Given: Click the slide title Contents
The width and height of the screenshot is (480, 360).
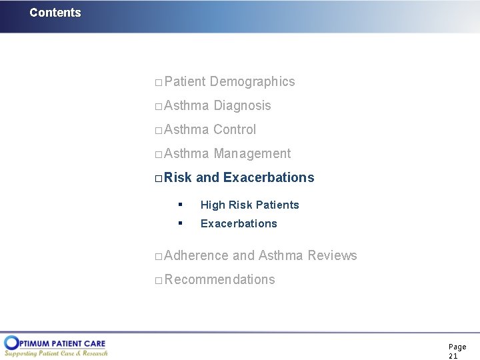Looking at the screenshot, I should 55,13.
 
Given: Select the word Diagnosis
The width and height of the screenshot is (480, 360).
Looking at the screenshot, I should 242,105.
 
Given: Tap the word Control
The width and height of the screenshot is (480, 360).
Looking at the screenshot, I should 235,129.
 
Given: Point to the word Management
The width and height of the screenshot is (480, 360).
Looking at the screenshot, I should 252,153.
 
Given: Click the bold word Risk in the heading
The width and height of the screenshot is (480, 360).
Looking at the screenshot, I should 178,177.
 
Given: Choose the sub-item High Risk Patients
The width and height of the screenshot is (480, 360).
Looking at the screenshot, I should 249,205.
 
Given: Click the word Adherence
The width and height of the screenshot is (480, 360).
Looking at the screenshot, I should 196,255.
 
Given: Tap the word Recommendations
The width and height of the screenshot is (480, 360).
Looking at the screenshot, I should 219,279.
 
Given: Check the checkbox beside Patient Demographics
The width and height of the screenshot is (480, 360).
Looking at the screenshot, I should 158,83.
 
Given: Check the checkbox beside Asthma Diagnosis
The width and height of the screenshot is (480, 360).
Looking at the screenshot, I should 158,107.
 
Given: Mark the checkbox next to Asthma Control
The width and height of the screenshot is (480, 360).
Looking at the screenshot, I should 158,131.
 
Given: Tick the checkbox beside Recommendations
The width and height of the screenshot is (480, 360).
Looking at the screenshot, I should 158,281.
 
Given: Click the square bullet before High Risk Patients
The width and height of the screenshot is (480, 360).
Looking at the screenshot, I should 180,204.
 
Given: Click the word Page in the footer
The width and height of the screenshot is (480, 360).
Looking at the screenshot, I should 457,347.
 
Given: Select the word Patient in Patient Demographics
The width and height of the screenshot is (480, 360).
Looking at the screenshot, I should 185,81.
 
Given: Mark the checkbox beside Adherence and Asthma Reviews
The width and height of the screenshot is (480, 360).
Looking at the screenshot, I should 158,257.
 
